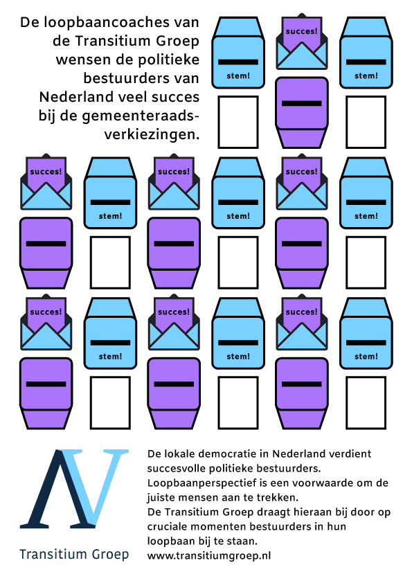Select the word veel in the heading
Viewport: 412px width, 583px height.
[x=134, y=97]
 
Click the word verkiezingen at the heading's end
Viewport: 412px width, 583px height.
[x=152, y=134]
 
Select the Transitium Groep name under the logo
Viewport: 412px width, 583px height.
[x=74, y=554]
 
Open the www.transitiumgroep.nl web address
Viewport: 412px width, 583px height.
[x=209, y=556]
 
